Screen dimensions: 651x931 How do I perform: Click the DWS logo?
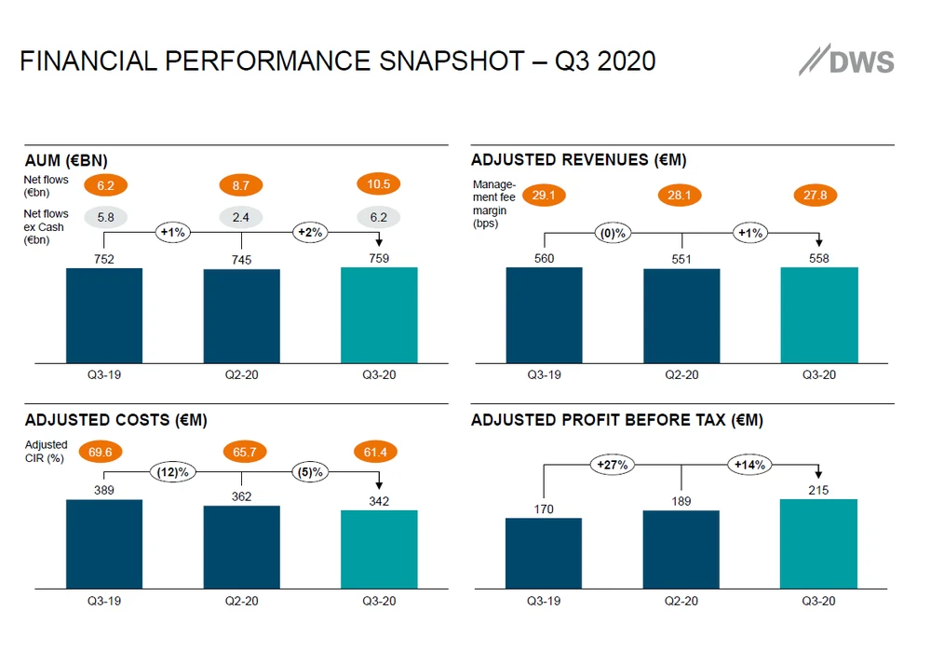846,61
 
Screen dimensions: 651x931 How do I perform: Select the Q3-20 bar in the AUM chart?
379,315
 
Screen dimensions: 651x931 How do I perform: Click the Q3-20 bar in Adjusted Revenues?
819,315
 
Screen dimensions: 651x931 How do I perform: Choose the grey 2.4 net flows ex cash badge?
241,218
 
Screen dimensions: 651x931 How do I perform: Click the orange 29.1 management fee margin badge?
545,196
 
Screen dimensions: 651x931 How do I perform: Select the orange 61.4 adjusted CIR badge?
379,453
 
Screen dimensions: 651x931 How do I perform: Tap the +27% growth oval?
613,464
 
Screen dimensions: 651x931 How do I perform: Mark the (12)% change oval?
173,472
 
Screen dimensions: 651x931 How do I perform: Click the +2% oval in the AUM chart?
310,232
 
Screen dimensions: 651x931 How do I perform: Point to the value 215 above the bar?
819,489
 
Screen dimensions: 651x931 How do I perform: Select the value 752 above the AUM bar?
104,259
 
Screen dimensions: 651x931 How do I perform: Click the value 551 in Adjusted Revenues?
681,259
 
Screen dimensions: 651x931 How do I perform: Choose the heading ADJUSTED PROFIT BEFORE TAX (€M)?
617,421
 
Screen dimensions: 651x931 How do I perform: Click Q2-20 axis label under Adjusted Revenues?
681,375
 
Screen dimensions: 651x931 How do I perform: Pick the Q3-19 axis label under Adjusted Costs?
104,601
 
